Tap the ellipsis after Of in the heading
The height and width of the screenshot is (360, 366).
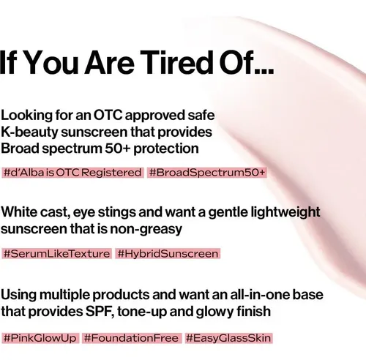(x=264, y=70)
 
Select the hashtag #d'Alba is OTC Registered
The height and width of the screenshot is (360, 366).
(x=72, y=173)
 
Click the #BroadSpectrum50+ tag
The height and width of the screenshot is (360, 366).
(x=207, y=173)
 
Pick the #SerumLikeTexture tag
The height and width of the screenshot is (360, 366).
(x=56, y=254)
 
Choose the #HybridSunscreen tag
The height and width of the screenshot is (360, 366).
(x=168, y=254)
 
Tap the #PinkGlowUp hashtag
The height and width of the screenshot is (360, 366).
(x=40, y=338)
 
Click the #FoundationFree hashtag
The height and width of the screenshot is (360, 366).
(x=132, y=338)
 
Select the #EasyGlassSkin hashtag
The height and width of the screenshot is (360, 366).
(x=228, y=338)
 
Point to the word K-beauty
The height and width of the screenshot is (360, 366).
(x=29, y=132)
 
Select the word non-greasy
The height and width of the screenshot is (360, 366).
(x=146, y=230)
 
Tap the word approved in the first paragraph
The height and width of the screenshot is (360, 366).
(x=155, y=116)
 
